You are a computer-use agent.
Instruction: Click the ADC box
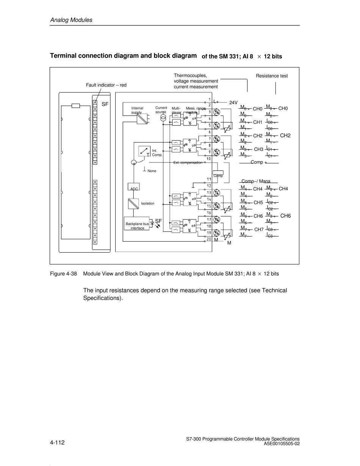click(x=135, y=187)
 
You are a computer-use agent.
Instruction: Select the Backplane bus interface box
click(x=137, y=224)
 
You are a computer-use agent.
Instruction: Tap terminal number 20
click(x=209, y=239)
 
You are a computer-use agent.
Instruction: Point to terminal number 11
click(x=209, y=179)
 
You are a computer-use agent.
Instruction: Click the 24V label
click(x=233, y=103)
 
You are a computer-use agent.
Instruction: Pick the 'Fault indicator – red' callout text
click(x=106, y=85)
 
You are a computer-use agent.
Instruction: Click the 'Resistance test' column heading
click(x=272, y=76)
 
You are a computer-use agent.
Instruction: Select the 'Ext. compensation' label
click(x=188, y=163)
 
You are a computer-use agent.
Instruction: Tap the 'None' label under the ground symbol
click(x=152, y=171)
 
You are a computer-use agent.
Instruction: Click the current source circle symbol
click(x=163, y=118)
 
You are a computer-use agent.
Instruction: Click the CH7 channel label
click(x=259, y=230)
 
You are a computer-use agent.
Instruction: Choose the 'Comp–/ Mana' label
click(x=256, y=181)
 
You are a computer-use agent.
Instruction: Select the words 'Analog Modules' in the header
click(x=71, y=20)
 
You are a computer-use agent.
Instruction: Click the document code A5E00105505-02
click(x=282, y=444)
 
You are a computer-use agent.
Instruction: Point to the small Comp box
click(x=218, y=172)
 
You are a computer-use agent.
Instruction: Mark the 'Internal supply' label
click(x=137, y=110)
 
